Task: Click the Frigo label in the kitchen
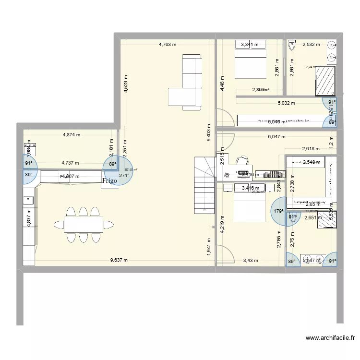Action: click(x=109, y=181)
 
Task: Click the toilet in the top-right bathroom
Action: click(x=291, y=45)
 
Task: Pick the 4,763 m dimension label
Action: click(x=168, y=45)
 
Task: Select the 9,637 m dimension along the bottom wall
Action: click(x=119, y=261)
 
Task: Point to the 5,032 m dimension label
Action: click(x=286, y=103)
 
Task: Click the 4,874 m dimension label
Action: click(x=72, y=135)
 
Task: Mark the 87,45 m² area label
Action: click(x=131, y=169)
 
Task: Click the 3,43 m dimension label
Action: click(x=251, y=261)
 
